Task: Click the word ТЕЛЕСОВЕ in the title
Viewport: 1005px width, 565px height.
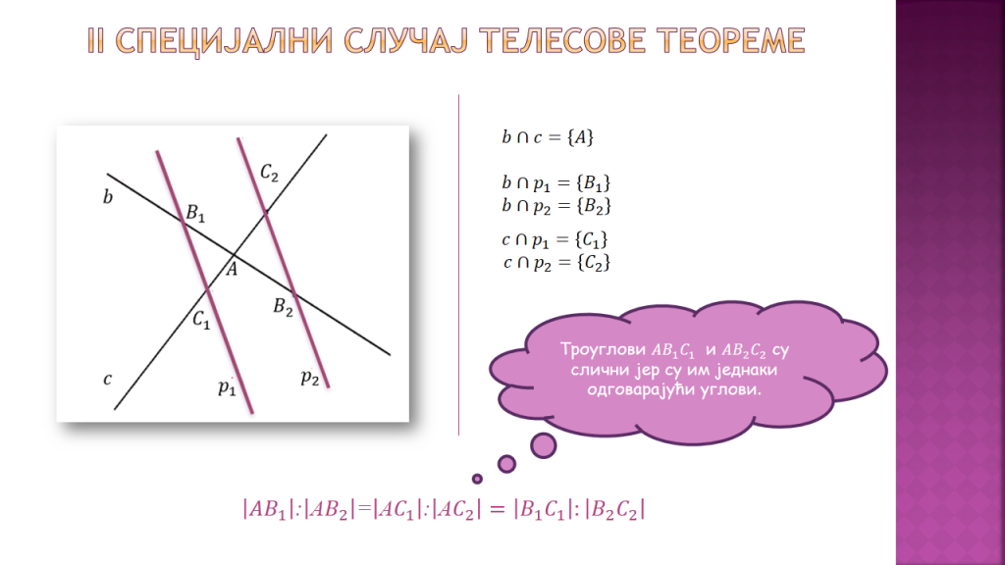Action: coord(561,40)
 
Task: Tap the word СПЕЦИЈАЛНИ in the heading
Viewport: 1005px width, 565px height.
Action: coord(225,41)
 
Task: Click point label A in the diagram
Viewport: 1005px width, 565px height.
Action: coord(232,269)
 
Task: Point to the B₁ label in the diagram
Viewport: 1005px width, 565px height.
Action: coord(195,213)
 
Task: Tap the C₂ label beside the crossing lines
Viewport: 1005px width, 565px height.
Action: coord(269,173)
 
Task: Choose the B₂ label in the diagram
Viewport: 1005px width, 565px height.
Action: coord(283,307)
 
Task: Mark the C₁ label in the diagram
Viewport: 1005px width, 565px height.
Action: coord(201,319)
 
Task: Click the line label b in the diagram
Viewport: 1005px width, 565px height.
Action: coord(108,196)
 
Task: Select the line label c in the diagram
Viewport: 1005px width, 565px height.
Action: coord(107,380)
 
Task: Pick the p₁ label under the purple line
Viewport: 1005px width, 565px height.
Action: coord(227,386)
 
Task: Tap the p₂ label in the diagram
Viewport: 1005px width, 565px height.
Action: coord(309,377)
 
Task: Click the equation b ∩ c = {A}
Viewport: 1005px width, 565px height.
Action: coord(548,137)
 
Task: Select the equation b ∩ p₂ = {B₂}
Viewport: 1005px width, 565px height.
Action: coord(555,206)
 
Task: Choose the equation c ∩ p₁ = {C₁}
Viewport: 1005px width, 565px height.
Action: coord(555,240)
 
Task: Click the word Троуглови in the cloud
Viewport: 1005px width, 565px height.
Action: coord(603,350)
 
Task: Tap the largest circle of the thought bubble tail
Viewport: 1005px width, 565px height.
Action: coord(544,445)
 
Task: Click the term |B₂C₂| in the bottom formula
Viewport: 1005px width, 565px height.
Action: coord(614,510)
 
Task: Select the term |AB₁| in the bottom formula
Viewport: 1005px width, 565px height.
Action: coord(268,510)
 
